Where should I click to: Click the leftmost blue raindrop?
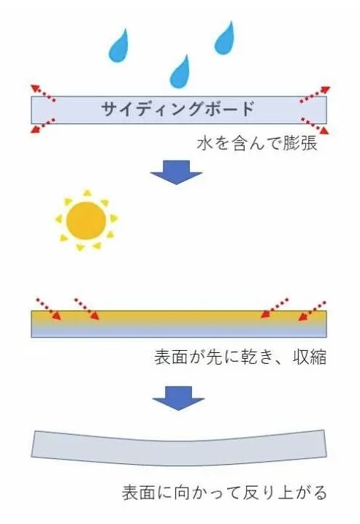pos(118,48)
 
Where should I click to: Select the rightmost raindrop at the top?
pos(224,39)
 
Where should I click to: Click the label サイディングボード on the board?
pos(178,109)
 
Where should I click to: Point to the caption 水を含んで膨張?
pos(257,144)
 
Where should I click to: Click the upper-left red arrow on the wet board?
pos(43,93)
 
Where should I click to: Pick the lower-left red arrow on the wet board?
pos(43,126)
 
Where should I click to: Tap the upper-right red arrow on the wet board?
pos(315,94)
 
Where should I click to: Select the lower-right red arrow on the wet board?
pos(315,126)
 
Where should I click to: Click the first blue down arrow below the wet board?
pos(176,172)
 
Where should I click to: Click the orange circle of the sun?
pos(86,221)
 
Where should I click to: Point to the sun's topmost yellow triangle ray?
pos(87,193)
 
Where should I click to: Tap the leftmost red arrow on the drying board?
pos(49,309)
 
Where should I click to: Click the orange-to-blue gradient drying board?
pos(179,324)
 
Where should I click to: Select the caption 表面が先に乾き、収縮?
pos(240,357)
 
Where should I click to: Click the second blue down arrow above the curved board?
pos(178,398)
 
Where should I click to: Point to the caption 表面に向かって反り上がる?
pos(224,493)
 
